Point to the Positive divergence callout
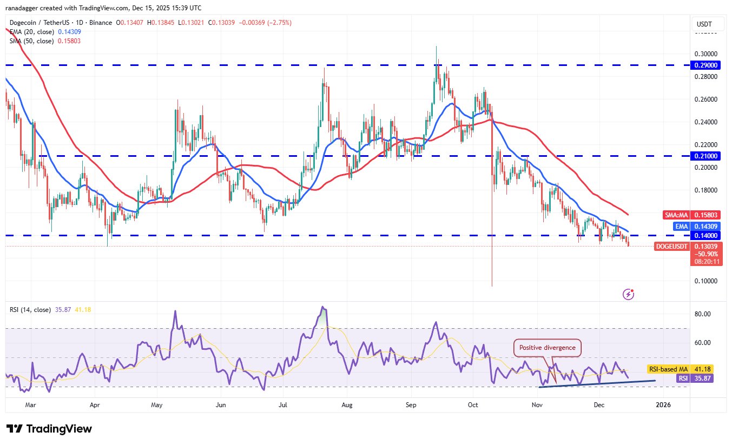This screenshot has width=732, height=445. (547, 348)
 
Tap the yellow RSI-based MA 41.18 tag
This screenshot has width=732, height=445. (680, 369)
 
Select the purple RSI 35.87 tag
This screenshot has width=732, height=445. (695, 378)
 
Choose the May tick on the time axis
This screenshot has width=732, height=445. (157, 404)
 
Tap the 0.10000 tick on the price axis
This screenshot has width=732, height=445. (707, 281)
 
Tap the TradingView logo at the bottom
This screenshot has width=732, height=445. (49, 429)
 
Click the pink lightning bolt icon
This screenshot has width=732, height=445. (628, 294)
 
